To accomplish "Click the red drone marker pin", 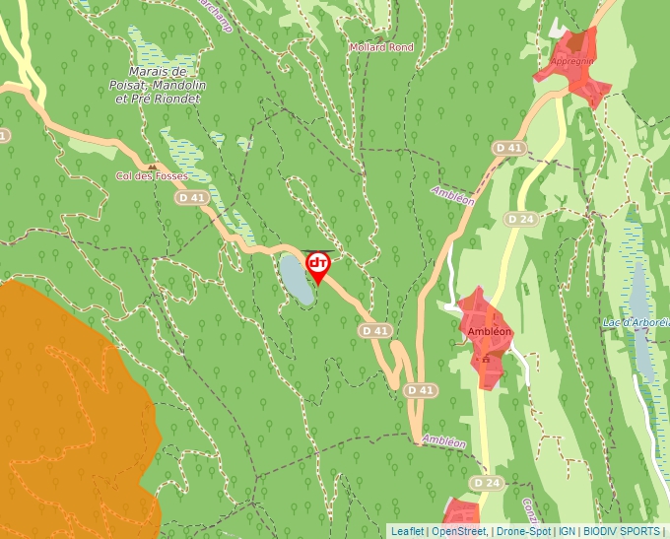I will (318, 265).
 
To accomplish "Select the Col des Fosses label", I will (152, 175).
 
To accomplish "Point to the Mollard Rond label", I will (381, 47).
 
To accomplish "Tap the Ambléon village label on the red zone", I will (489, 331).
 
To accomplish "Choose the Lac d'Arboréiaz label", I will (636, 322).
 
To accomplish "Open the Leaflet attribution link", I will (407, 531).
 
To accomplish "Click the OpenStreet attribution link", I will (458, 531).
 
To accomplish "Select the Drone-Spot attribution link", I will (524, 531).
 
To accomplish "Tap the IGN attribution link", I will (567, 531).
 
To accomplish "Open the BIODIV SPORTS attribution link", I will (622, 531).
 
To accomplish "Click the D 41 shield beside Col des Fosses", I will (192, 197).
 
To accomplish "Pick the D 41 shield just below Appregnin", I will (509, 148).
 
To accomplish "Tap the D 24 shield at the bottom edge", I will (486, 483).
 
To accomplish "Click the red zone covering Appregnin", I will (581, 79).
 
